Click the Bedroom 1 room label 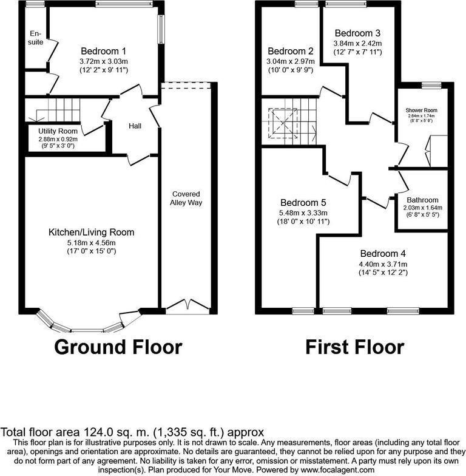[x=103, y=51]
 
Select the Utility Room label [x=58, y=131]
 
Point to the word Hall [x=135, y=126]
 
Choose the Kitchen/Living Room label [x=91, y=232]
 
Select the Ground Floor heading [x=118, y=347]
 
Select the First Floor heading [x=354, y=347]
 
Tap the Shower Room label [x=421, y=110]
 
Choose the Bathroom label [x=422, y=200]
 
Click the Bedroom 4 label [x=382, y=254]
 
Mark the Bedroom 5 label [x=303, y=203]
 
